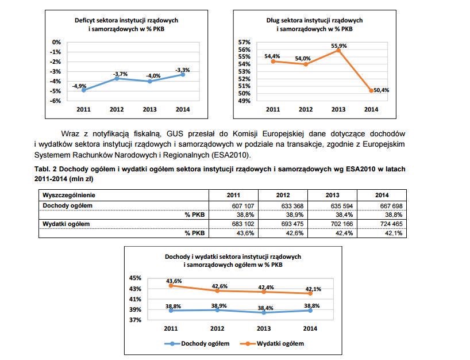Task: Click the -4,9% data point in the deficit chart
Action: (84, 90)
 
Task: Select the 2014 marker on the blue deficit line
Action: (183, 74)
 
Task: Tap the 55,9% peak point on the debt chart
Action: (338, 51)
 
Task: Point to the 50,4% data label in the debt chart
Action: (382, 90)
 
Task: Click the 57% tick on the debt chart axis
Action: (244, 43)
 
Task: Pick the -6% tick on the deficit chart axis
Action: (55, 101)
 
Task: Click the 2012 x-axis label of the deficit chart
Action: (117, 109)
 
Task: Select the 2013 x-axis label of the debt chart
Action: (338, 109)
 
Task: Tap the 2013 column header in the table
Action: (333, 196)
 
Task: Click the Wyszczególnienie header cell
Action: (69, 196)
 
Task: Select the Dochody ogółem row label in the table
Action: (67, 206)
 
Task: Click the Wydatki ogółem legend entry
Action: (272, 343)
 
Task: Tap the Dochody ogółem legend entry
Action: (197, 343)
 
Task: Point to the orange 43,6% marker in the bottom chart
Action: (171, 286)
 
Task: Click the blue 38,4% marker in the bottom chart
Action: (264, 313)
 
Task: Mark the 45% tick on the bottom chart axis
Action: (135, 278)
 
